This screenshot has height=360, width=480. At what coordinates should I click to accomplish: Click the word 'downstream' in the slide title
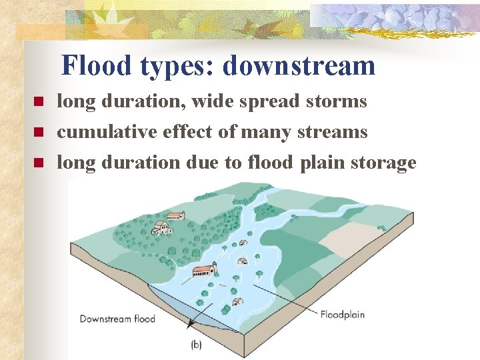coord(299,66)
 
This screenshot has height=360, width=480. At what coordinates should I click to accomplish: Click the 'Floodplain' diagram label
coord(343,314)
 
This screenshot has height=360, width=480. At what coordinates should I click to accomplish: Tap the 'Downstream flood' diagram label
coord(117,318)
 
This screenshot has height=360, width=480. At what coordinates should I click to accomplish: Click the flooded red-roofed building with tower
coord(204,271)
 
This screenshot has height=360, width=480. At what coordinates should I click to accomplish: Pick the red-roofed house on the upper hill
coord(175,216)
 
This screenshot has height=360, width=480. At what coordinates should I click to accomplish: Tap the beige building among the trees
coord(161,229)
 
